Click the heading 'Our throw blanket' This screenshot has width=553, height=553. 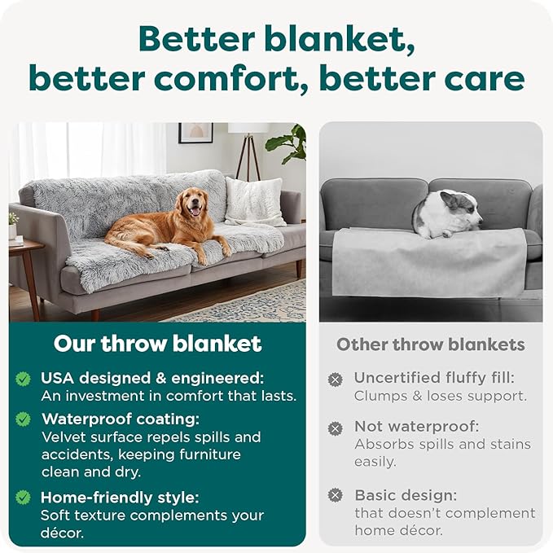(157, 344)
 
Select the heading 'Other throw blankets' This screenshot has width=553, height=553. (431, 345)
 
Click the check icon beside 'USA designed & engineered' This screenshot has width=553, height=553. (24, 379)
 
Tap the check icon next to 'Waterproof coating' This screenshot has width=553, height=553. (24, 419)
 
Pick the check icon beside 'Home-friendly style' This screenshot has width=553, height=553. (24, 497)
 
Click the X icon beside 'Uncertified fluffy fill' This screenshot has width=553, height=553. (335, 379)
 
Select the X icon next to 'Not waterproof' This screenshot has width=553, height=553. (335, 428)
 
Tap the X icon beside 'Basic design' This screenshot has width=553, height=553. (335, 495)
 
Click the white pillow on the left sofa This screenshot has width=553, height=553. (253, 201)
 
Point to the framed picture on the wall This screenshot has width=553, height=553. (195, 133)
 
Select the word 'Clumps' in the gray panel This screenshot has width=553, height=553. (380, 396)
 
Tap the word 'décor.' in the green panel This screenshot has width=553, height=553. (62, 533)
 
